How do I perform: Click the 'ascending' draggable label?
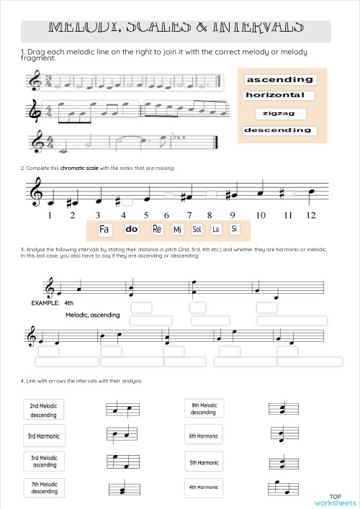(279, 80)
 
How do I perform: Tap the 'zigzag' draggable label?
(280, 114)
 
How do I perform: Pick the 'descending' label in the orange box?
(278, 130)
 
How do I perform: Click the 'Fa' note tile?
(104, 230)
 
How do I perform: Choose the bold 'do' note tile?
(131, 230)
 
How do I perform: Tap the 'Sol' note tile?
(197, 230)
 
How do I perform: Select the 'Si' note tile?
(234, 229)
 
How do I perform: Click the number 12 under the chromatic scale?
(310, 215)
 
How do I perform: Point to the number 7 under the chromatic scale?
(189, 215)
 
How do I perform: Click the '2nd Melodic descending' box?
(44, 410)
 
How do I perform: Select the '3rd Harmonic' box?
(44, 436)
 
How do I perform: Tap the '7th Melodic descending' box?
(44, 487)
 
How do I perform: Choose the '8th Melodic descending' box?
(203, 408)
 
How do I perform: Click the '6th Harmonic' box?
(203, 436)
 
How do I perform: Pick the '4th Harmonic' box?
(203, 487)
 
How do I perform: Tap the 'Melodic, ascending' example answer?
(92, 315)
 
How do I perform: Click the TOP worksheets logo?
(335, 500)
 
